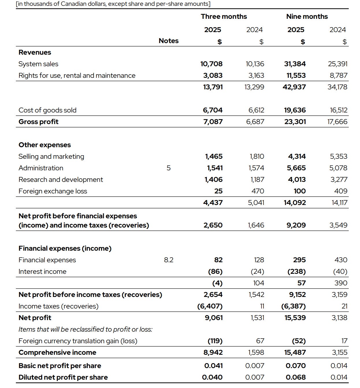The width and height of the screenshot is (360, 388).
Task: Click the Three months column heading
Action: pos(224,16)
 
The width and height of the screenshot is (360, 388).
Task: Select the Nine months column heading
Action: pos(307,16)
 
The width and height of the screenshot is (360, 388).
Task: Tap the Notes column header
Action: pos(168,41)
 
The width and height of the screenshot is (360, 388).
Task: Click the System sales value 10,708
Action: pos(211,64)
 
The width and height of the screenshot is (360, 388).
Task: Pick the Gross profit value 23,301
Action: pos(295,122)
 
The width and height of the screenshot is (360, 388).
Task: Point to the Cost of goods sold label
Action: pos(47,110)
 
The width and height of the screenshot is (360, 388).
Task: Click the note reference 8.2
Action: pos(168,260)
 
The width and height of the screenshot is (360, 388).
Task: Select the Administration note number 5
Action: pos(168,168)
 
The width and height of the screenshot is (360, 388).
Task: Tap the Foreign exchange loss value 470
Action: pos(258,191)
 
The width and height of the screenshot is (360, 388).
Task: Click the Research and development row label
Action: pos(61,180)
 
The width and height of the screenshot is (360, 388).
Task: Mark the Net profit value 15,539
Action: pos(295,318)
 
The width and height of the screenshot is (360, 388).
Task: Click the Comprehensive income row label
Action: pos(57,352)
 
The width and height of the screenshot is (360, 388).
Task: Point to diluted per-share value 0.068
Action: pos(296,377)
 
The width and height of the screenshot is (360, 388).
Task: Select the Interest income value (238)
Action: pos(296,271)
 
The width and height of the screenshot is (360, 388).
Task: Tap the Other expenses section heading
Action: pos(44,145)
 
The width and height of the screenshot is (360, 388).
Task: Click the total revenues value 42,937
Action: pos(294,87)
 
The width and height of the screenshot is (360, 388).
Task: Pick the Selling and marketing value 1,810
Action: pos(257,156)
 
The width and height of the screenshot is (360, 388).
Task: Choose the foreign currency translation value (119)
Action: pos(215,341)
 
